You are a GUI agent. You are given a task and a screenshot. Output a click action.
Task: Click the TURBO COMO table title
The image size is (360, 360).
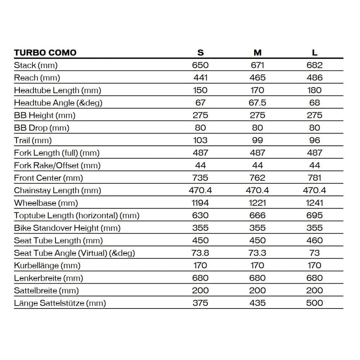[45, 53]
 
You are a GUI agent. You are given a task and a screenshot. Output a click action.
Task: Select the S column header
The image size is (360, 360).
[201, 53]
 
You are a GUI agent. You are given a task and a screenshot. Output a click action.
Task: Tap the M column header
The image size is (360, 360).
[257, 53]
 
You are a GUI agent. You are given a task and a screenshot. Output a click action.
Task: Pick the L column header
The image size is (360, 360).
[315, 53]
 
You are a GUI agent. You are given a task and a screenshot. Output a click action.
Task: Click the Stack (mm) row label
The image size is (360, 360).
[36, 65]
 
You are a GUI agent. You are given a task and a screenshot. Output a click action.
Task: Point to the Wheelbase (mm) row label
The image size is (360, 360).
[46, 203]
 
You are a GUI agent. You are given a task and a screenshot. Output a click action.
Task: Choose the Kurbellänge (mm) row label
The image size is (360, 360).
[47, 266]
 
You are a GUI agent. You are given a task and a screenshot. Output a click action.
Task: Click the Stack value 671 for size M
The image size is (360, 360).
[257, 65]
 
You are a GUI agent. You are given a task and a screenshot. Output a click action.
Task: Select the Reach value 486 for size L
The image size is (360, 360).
[315, 78]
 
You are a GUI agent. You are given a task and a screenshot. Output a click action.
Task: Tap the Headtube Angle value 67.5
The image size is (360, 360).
[257, 103]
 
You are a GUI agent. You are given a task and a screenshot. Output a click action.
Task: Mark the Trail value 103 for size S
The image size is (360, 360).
[201, 140]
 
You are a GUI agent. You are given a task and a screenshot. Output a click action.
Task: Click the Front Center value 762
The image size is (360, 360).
[257, 178]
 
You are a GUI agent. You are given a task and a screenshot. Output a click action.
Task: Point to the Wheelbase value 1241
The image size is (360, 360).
[315, 203]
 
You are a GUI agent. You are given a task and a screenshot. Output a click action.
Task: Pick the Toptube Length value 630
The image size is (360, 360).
[201, 216]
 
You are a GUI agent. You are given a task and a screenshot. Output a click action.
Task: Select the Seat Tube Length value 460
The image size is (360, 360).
[315, 240]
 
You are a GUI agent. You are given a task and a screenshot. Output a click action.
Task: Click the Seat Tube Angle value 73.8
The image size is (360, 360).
[201, 253]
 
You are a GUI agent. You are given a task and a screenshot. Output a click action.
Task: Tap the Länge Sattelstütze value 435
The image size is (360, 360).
[257, 303]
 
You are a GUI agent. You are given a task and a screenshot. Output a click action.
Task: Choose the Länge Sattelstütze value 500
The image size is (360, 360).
[315, 303]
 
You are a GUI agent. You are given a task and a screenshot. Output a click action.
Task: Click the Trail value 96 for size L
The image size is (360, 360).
[315, 140]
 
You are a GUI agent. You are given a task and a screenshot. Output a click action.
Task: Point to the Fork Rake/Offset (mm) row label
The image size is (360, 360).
[57, 166]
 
